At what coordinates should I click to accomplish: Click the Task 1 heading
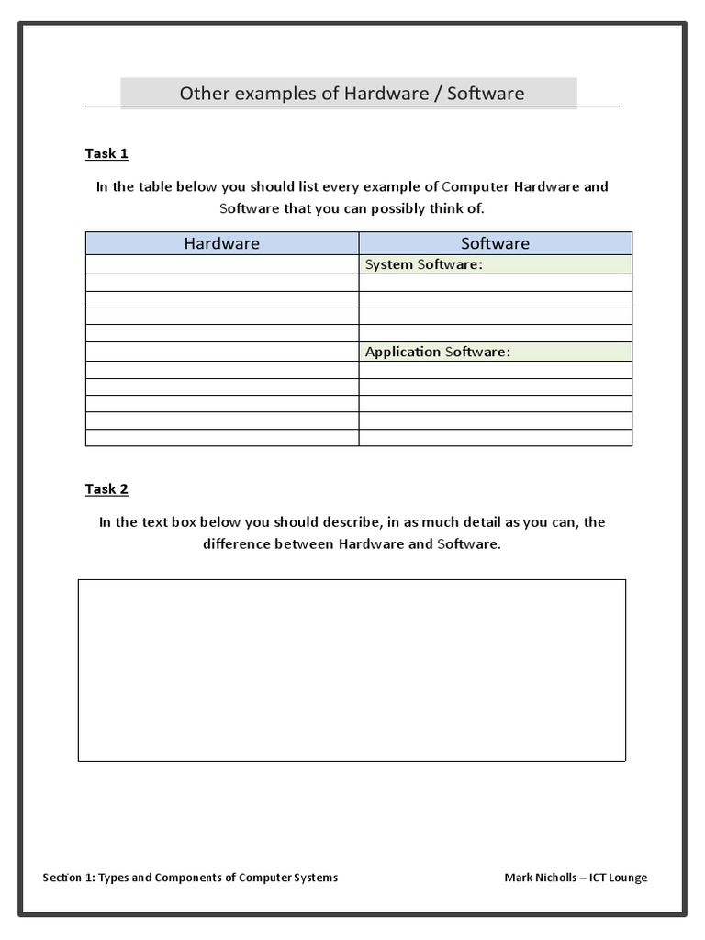click(106, 153)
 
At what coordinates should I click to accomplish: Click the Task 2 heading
click(106, 489)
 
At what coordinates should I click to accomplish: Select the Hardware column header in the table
click(221, 243)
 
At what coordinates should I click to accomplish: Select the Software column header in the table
click(495, 243)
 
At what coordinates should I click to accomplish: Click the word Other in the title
click(201, 93)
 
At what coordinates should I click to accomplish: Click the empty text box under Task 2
click(352, 669)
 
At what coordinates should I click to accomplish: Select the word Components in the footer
click(189, 878)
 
